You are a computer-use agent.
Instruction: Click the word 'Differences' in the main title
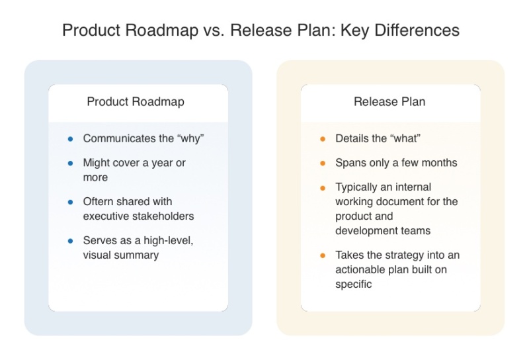[x=417, y=30]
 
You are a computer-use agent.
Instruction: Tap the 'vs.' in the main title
[x=214, y=30]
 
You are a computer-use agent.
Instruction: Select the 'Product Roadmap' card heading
[x=136, y=102]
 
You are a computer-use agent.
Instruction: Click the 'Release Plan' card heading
[x=389, y=102]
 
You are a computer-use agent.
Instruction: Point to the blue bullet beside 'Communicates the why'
[x=70, y=139]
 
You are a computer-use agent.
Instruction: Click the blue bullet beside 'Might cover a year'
[x=70, y=163]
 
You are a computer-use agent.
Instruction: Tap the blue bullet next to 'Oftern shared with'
[x=70, y=202]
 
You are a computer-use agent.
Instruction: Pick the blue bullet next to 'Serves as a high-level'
[x=70, y=241]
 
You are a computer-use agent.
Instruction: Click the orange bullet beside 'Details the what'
[x=323, y=139]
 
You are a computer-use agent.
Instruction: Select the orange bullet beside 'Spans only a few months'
[x=323, y=163]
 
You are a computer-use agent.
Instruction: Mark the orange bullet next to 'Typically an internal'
[x=323, y=188]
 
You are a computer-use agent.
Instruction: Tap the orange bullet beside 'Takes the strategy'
[x=323, y=255]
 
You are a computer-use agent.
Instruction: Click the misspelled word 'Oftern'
[x=98, y=202]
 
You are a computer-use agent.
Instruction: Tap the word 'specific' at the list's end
[x=354, y=285]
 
